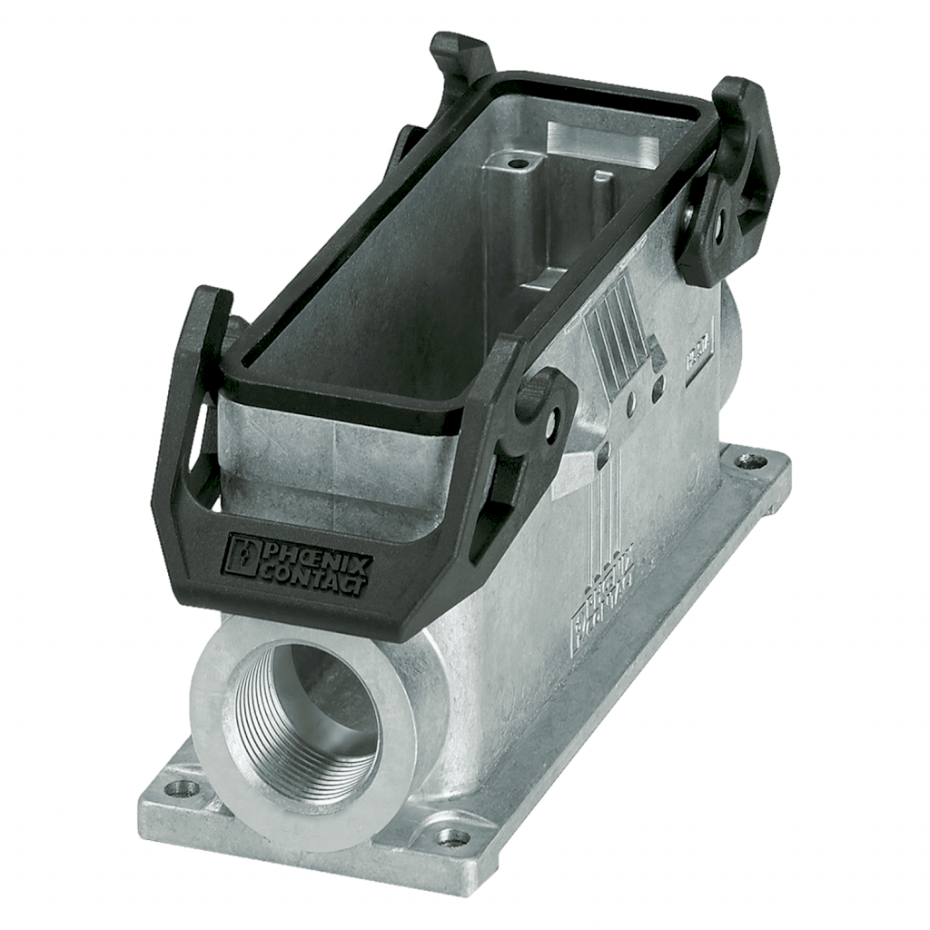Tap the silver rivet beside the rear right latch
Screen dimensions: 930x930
coord(692,211)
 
